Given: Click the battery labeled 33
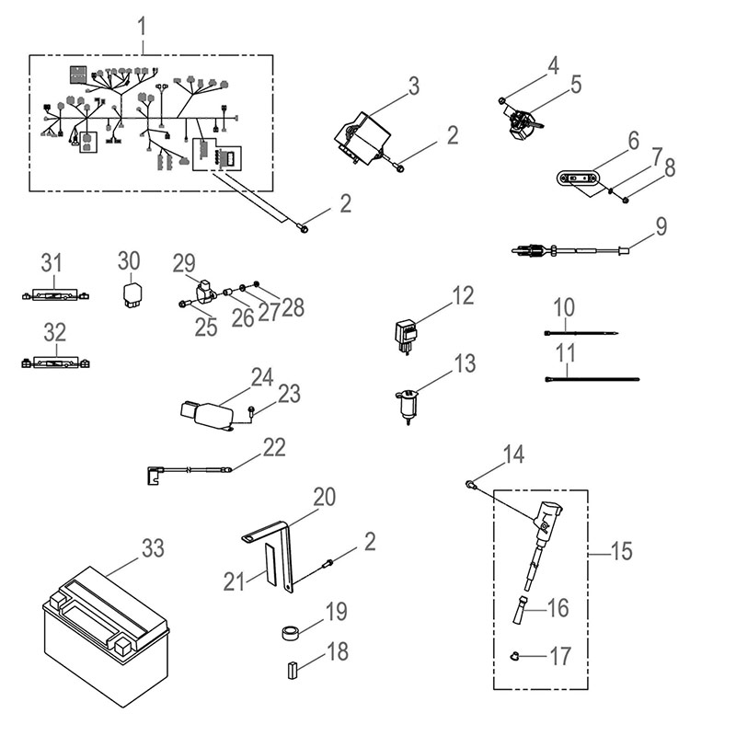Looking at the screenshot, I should [x=107, y=639].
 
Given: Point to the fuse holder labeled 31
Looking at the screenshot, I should [x=53, y=295].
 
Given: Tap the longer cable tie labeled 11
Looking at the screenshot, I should [x=592, y=377].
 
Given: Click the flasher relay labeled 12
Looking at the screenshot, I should [x=405, y=333].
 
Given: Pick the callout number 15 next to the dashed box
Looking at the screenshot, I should [x=621, y=552].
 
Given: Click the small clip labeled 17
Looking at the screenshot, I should [x=516, y=655].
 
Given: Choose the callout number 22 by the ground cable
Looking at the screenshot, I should [x=274, y=447].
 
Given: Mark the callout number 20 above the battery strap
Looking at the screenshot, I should [x=324, y=498].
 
